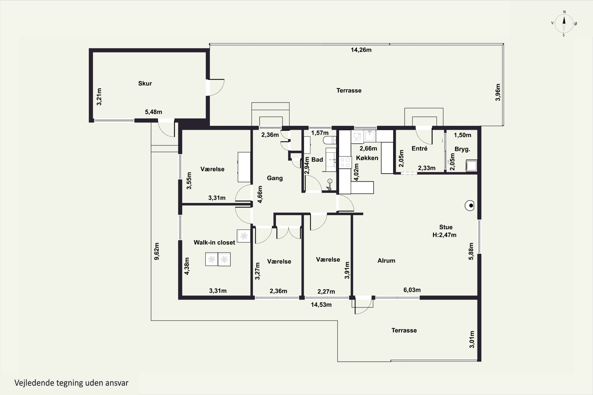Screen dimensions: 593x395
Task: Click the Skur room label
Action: point(145,83)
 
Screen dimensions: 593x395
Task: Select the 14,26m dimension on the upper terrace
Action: point(361,50)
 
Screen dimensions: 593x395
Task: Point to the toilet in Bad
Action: point(330,140)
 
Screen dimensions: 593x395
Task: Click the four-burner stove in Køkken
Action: point(345,163)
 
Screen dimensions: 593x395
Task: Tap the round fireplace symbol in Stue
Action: point(469,206)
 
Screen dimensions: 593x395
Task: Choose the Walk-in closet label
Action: point(214,242)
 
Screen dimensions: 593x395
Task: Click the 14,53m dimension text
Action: point(321,305)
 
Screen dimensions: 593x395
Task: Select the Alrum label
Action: point(386,261)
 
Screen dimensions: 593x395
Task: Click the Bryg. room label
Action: point(462,149)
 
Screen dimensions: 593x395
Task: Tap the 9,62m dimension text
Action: point(157,251)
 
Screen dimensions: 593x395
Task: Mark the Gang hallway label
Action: point(275,178)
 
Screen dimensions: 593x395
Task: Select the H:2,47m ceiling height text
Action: point(444,235)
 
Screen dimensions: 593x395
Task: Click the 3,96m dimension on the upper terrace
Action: point(498,92)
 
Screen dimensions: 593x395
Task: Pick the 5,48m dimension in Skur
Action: point(153,112)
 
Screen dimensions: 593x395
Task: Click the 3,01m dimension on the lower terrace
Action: point(472,339)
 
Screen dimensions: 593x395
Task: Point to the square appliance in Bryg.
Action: point(471,166)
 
